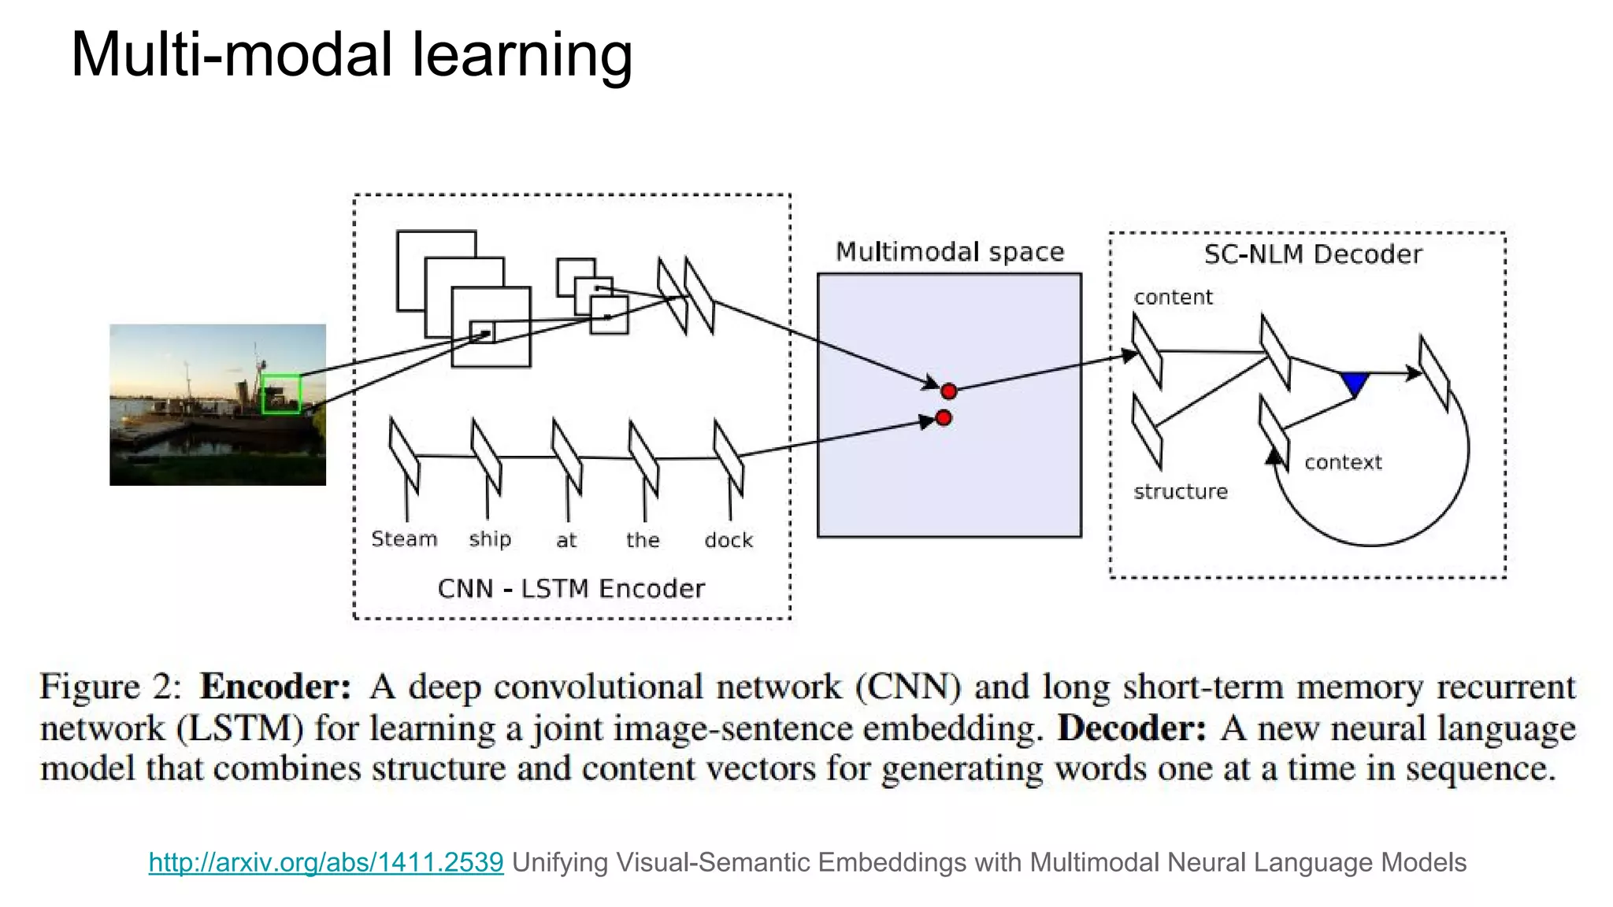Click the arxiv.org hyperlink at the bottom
tap(325, 862)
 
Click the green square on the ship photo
tap(281, 394)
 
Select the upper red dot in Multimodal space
tap(948, 391)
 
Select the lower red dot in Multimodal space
tap(944, 418)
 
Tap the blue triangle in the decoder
tap(1355, 383)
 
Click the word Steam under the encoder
tap(404, 539)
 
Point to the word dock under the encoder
tap(729, 540)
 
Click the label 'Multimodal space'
tap(949, 252)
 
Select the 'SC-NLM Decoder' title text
tap(1313, 254)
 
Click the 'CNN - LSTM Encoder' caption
tap(571, 589)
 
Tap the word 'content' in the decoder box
tap(1173, 298)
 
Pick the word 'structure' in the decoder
tap(1180, 492)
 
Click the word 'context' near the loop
tap(1343, 462)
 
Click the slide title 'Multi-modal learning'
tap(351, 55)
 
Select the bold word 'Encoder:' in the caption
tap(275, 687)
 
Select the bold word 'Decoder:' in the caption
tap(1131, 728)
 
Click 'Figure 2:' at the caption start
tap(110, 687)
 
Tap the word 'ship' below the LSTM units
tap(490, 539)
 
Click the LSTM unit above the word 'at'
tap(566, 457)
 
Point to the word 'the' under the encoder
tap(643, 540)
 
